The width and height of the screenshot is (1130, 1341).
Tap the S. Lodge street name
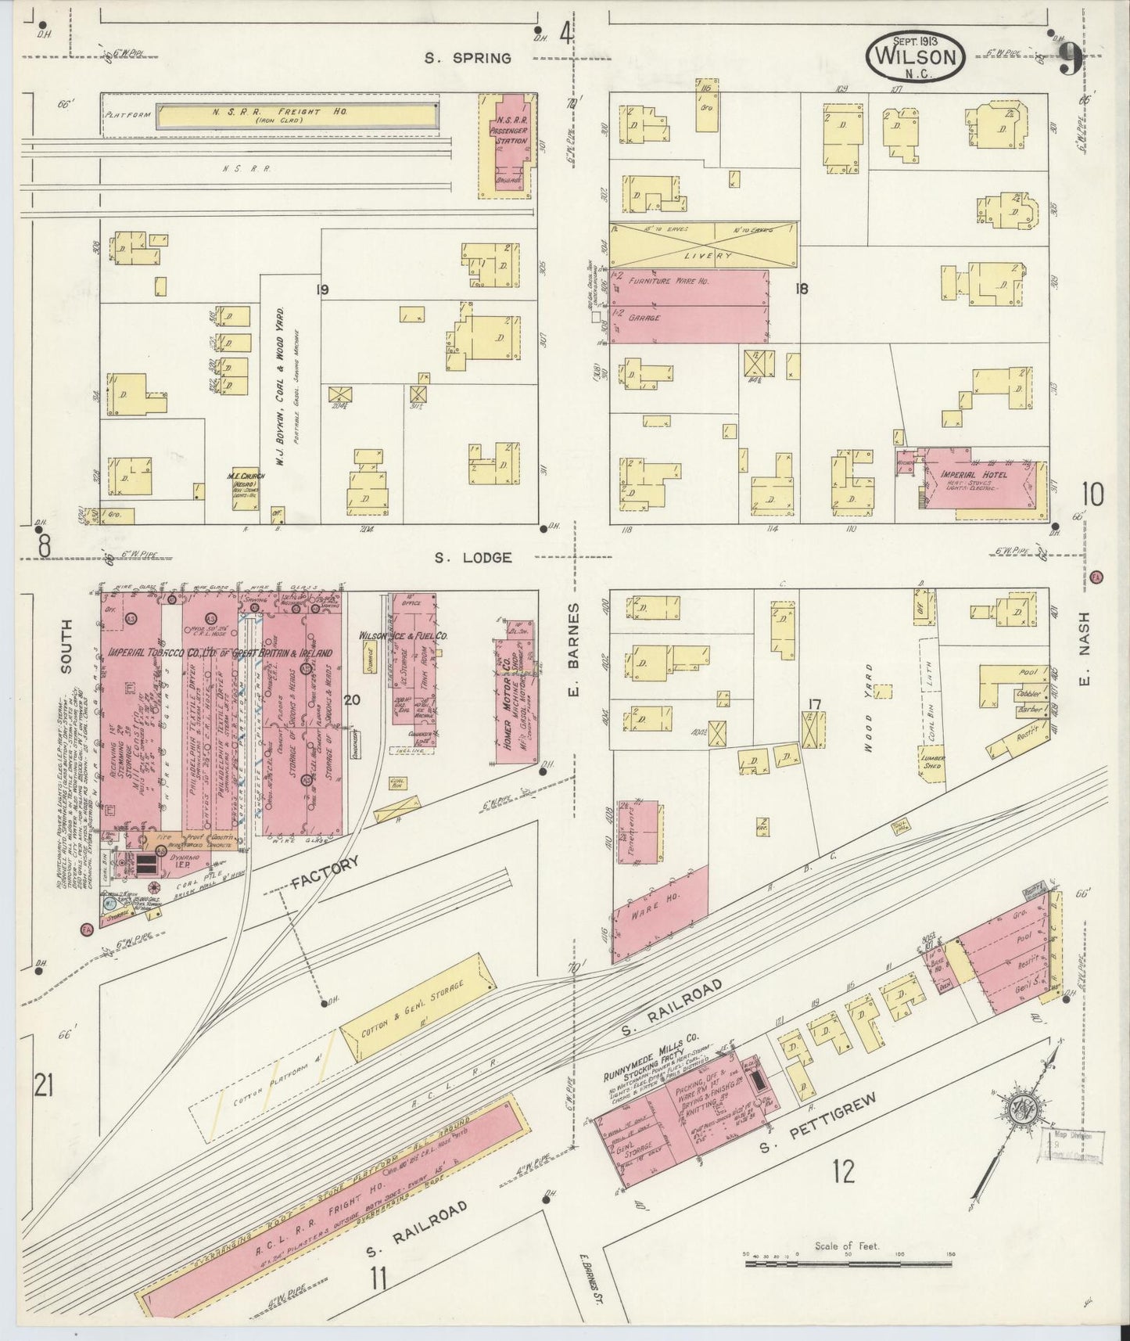473,558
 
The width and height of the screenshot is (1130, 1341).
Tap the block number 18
801,289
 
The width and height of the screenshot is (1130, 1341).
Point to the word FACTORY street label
325,872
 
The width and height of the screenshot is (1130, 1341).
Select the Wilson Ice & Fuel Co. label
402,637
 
